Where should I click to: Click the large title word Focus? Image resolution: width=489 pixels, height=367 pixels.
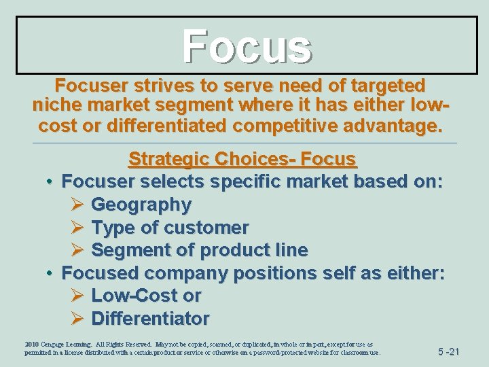pos(247,46)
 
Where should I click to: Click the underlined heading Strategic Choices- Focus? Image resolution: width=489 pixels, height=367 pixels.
pos(242,159)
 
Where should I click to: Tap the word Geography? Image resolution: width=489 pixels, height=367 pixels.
pos(141,204)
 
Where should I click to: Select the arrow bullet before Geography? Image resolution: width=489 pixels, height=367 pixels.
pos(77,204)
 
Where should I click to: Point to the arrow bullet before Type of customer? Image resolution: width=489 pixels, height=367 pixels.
pos(77,227)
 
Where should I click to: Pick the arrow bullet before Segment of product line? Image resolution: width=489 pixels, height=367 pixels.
pos(77,250)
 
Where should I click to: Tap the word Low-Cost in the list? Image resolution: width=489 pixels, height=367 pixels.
pos(134,296)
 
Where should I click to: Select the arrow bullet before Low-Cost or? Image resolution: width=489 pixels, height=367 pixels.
pos(77,296)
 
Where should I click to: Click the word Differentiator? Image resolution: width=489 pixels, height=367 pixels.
pos(150,318)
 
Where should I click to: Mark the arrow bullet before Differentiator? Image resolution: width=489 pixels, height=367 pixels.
pos(77,318)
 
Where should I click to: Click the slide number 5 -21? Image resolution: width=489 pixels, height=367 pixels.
pos(448,351)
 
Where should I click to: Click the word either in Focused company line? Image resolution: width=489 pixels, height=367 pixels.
pos(414,273)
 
